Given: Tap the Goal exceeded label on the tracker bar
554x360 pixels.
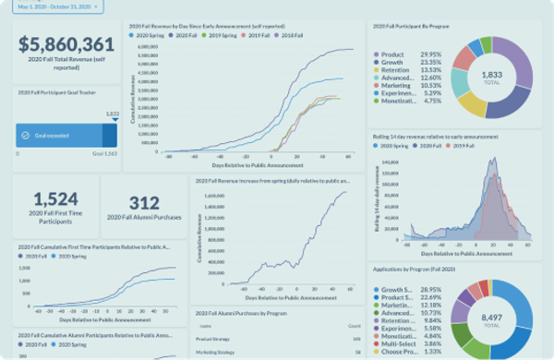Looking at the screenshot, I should pyautogui.click(x=54, y=135).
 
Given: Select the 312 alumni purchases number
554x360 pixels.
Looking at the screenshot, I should pyautogui.click(x=144, y=202).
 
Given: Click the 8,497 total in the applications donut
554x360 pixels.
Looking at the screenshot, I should pyautogui.click(x=492, y=314).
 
